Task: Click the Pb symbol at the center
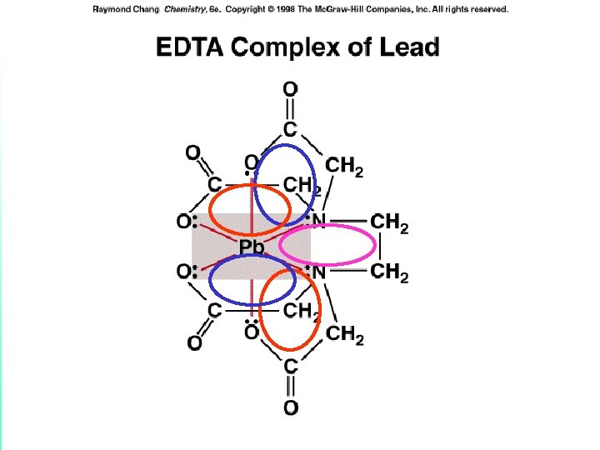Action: [x=251, y=247]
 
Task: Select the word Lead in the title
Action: [x=407, y=47]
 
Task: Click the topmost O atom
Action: [x=290, y=87]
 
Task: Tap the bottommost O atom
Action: [x=290, y=407]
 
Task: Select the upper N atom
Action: [x=318, y=222]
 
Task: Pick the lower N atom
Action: [x=318, y=271]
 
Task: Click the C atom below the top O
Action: [x=289, y=129]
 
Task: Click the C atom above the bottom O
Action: [x=290, y=366]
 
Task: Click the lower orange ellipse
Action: [x=290, y=311]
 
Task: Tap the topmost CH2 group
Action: [x=343, y=167]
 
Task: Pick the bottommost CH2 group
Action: [x=344, y=335]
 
